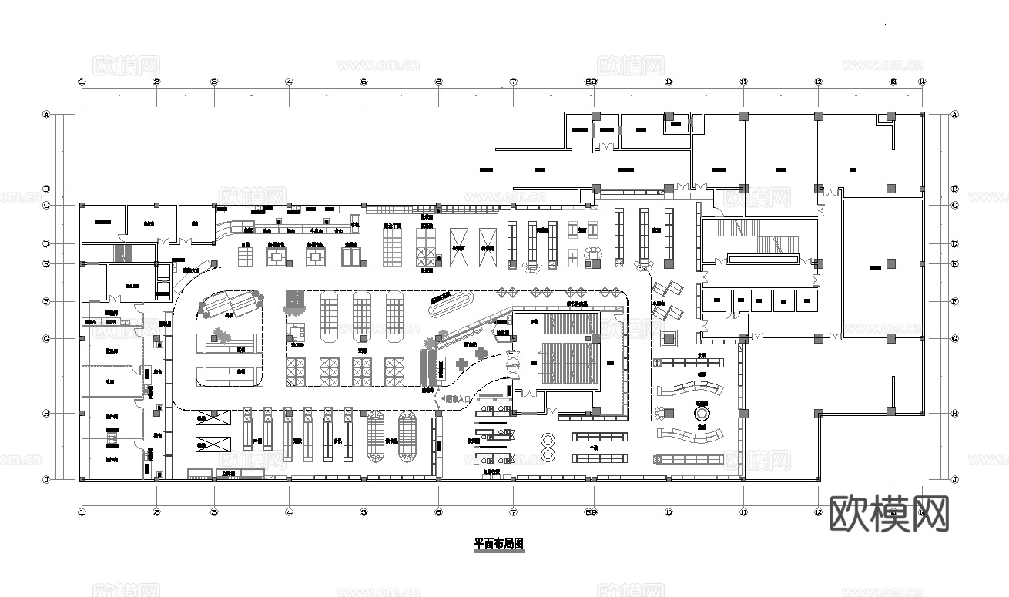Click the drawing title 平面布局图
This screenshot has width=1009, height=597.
498,544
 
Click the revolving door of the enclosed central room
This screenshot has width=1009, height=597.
513,363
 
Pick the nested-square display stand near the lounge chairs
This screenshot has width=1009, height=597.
667,337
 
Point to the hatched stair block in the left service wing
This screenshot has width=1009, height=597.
120,253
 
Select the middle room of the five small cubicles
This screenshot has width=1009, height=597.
761,300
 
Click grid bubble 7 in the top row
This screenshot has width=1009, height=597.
513,82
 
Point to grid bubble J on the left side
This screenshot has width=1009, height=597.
46,479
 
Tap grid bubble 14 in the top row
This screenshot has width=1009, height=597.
922,82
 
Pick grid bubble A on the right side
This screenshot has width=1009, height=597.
955,115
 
